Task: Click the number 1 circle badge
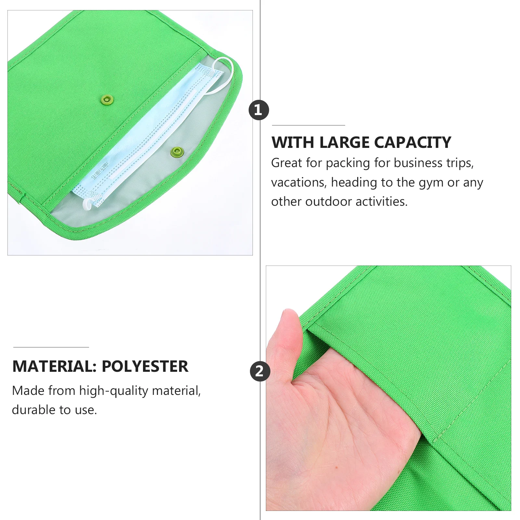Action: [x=259, y=110]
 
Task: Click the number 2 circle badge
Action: [x=260, y=371]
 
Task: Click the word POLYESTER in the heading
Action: [x=145, y=366]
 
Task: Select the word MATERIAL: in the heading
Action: [x=54, y=366]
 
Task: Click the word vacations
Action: [x=299, y=183]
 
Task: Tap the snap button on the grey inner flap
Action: [x=177, y=151]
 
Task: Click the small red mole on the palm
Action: [x=336, y=467]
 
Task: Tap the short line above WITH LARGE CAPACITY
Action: [x=308, y=125]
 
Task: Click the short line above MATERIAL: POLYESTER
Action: [x=51, y=347]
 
